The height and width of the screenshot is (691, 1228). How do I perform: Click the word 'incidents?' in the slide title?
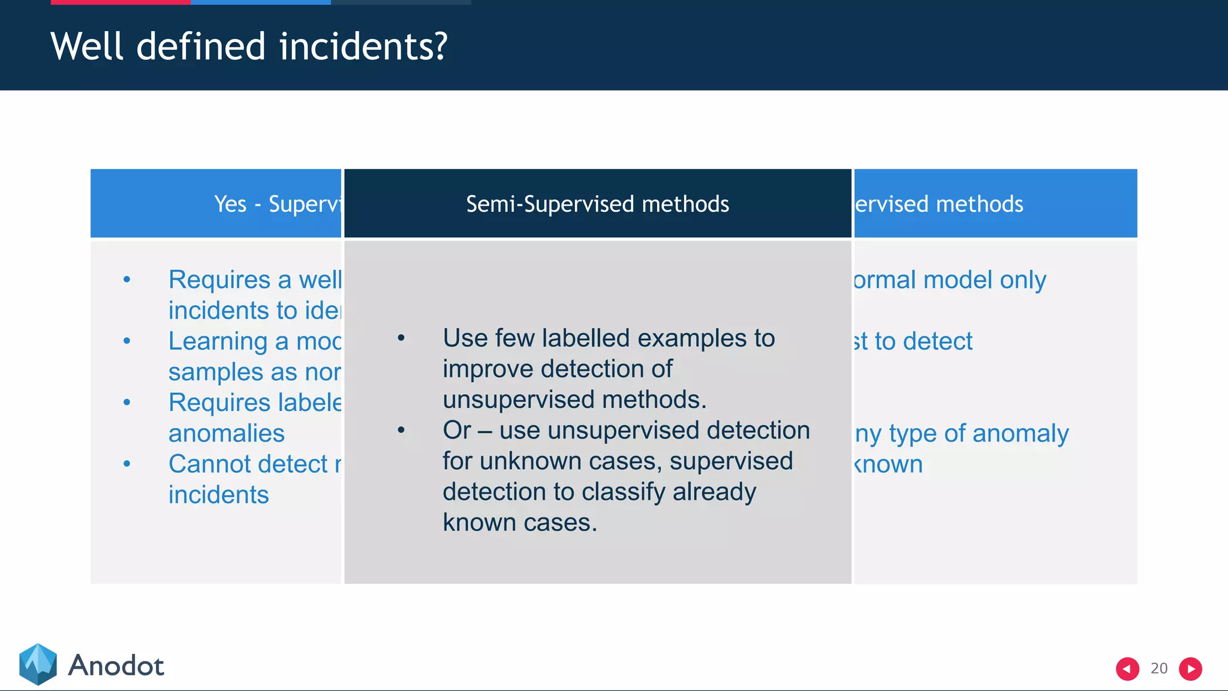click(363, 47)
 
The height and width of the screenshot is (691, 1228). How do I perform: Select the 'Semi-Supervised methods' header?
click(597, 204)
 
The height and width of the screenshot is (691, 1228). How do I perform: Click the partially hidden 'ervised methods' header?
click(939, 204)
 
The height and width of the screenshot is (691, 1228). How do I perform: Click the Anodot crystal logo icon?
click(38, 664)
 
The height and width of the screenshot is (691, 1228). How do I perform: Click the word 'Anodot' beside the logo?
click(116, 666)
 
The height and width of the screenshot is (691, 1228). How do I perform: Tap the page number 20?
click(1158, 668)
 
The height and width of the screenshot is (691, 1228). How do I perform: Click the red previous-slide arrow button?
click(1127, 668)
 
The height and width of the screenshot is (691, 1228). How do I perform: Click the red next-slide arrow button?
click(1190, 668)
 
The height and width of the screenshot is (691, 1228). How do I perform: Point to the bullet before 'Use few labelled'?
click(401, 338)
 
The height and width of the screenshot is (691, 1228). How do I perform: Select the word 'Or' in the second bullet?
click(456, 431)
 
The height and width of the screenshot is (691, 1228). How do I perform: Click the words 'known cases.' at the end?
click(519, 522)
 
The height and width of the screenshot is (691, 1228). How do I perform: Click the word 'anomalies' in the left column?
click(226, 433)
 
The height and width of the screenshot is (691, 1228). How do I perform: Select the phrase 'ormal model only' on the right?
click(950, 280)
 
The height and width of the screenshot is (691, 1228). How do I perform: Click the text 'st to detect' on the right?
click(913, 341)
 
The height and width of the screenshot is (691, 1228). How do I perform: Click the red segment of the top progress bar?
click(120, 2)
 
